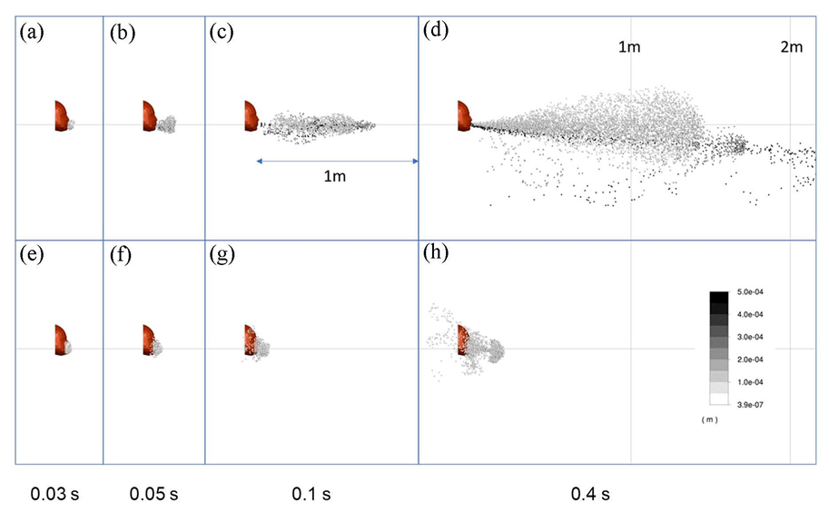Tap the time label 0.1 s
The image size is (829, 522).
coord(310,495)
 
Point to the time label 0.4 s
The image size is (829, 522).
coord(589,495)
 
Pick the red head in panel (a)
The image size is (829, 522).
coord(61,115)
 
